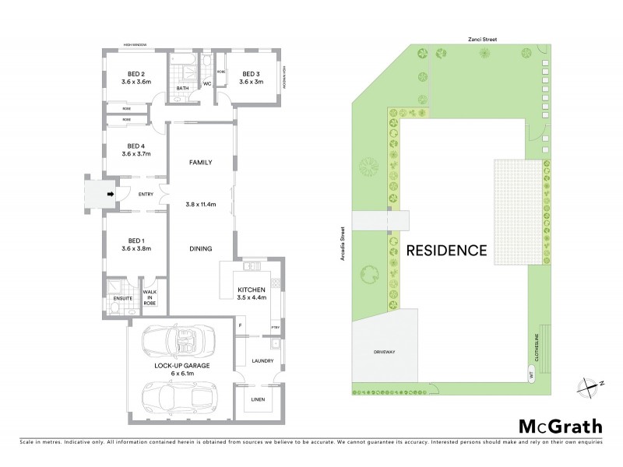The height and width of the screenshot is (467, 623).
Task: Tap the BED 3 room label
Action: click(251, 74)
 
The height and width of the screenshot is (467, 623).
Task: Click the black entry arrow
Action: click(111, 194)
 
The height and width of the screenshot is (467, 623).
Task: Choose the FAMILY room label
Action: click(201, 163)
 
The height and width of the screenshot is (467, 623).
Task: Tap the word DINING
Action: click(201, 249)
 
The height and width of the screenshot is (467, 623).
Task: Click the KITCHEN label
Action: click(252, 290)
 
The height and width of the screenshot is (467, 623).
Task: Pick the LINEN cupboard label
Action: click(256, 400)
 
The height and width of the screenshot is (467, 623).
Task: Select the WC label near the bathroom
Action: click(207, 83)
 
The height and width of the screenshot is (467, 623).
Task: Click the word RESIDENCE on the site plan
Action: click(446, 251)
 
